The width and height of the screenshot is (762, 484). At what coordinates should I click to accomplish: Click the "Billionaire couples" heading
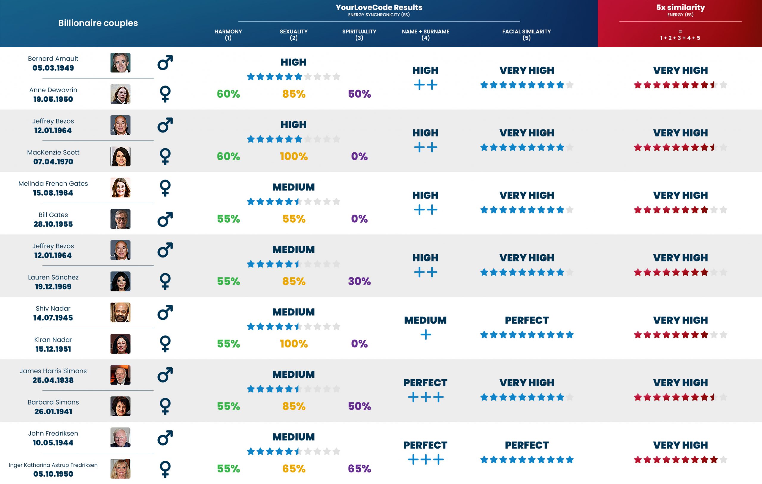[x=98, y=23]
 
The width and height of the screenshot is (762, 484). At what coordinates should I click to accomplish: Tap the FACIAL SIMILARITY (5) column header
[x=526, y=35]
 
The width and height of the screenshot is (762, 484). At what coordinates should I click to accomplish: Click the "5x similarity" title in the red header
[x=680, y=7]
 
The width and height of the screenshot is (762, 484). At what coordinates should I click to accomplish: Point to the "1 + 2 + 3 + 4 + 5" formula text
[x=680, y=38]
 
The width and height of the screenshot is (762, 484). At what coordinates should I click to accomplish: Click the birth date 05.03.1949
[x=53, y=68]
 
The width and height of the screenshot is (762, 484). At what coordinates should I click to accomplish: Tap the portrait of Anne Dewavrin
[x=120, y=94]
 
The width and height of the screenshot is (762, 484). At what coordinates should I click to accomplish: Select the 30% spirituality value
[x=359, y=281]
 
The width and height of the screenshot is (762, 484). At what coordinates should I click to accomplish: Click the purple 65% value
[x=359, y=469]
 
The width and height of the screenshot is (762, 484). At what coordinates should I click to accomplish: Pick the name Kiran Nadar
[x=53, y=340]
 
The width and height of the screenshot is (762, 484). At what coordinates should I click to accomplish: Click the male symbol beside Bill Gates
[x=165, y=219]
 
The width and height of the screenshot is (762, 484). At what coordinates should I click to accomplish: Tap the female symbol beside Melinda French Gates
[x=165, y=188]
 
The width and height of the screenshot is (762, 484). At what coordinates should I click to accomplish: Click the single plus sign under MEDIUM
[x=426, y=335]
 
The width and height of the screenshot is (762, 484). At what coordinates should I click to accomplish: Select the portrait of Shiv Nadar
[x=120, y=313]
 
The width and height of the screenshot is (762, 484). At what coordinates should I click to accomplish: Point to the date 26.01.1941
[x=53, y=411]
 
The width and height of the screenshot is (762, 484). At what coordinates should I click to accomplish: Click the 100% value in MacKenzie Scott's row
[x=294, y=156]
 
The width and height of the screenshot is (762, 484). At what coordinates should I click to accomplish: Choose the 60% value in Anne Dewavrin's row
[x=228, y=94]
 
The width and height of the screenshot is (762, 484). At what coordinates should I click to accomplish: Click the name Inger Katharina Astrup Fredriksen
[x=53, y=465]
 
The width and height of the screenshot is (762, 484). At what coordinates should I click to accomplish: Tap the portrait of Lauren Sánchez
[x=120, y=281]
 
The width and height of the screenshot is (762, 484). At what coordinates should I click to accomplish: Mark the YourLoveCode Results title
[x=379, y=7]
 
